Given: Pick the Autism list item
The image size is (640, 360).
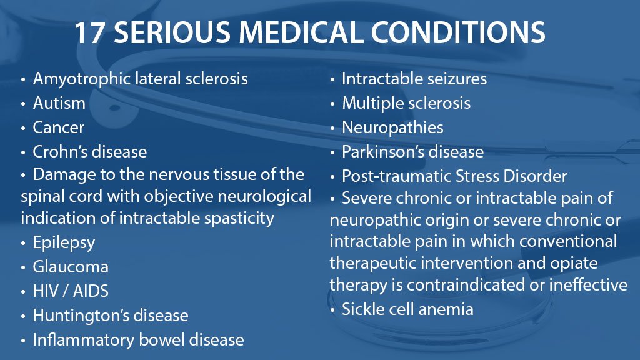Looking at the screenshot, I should pos(59,103).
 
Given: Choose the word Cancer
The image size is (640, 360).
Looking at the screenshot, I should pos(59,127).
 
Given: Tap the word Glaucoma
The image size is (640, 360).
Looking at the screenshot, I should pos(71,267).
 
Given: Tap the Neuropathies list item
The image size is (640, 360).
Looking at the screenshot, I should pos(392,127).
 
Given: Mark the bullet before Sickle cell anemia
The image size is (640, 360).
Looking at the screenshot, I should pos(334,309).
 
